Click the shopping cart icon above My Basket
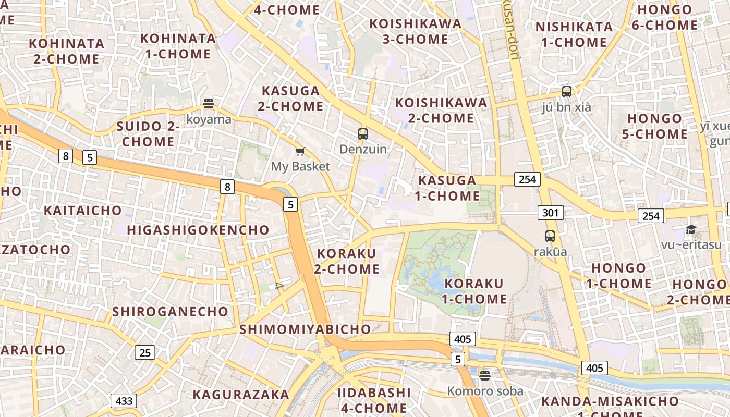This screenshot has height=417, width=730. click(x=300, y=152)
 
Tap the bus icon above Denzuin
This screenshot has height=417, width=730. click(x=363, y=134)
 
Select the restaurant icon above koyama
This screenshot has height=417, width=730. click(x=209, y=104)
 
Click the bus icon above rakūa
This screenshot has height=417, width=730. click(x=550, y=236)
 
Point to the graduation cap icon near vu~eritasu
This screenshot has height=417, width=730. click(x=691, y=229)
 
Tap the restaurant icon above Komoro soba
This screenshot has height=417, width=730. click(x=485, y=375)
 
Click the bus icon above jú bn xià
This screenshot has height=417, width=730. click(x=567, y=92)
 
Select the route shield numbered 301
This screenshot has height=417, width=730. click(x=551, y=213)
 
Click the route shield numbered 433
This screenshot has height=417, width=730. click(x=124, y=401)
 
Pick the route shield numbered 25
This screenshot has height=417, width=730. click(x=145, y=352)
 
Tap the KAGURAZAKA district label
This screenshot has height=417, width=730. click(x=241, y=395)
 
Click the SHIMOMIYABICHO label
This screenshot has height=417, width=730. click(x=305, y=329)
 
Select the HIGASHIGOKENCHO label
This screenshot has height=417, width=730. click(x=198, y=230)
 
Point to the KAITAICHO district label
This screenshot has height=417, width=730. click(x=83, y=211)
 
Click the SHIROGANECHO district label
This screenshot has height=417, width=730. click(x=171, y=312)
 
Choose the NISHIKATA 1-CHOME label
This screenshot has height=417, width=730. click(x=574, y=34)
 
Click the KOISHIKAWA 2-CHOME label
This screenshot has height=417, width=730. click(x=441, y=110)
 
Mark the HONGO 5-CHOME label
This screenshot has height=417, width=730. click(x=655, y=126)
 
